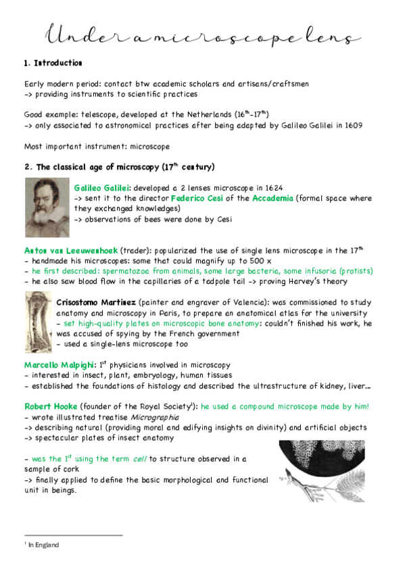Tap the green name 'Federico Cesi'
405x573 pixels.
pos(201,198)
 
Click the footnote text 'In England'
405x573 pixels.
pos(43,545)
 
